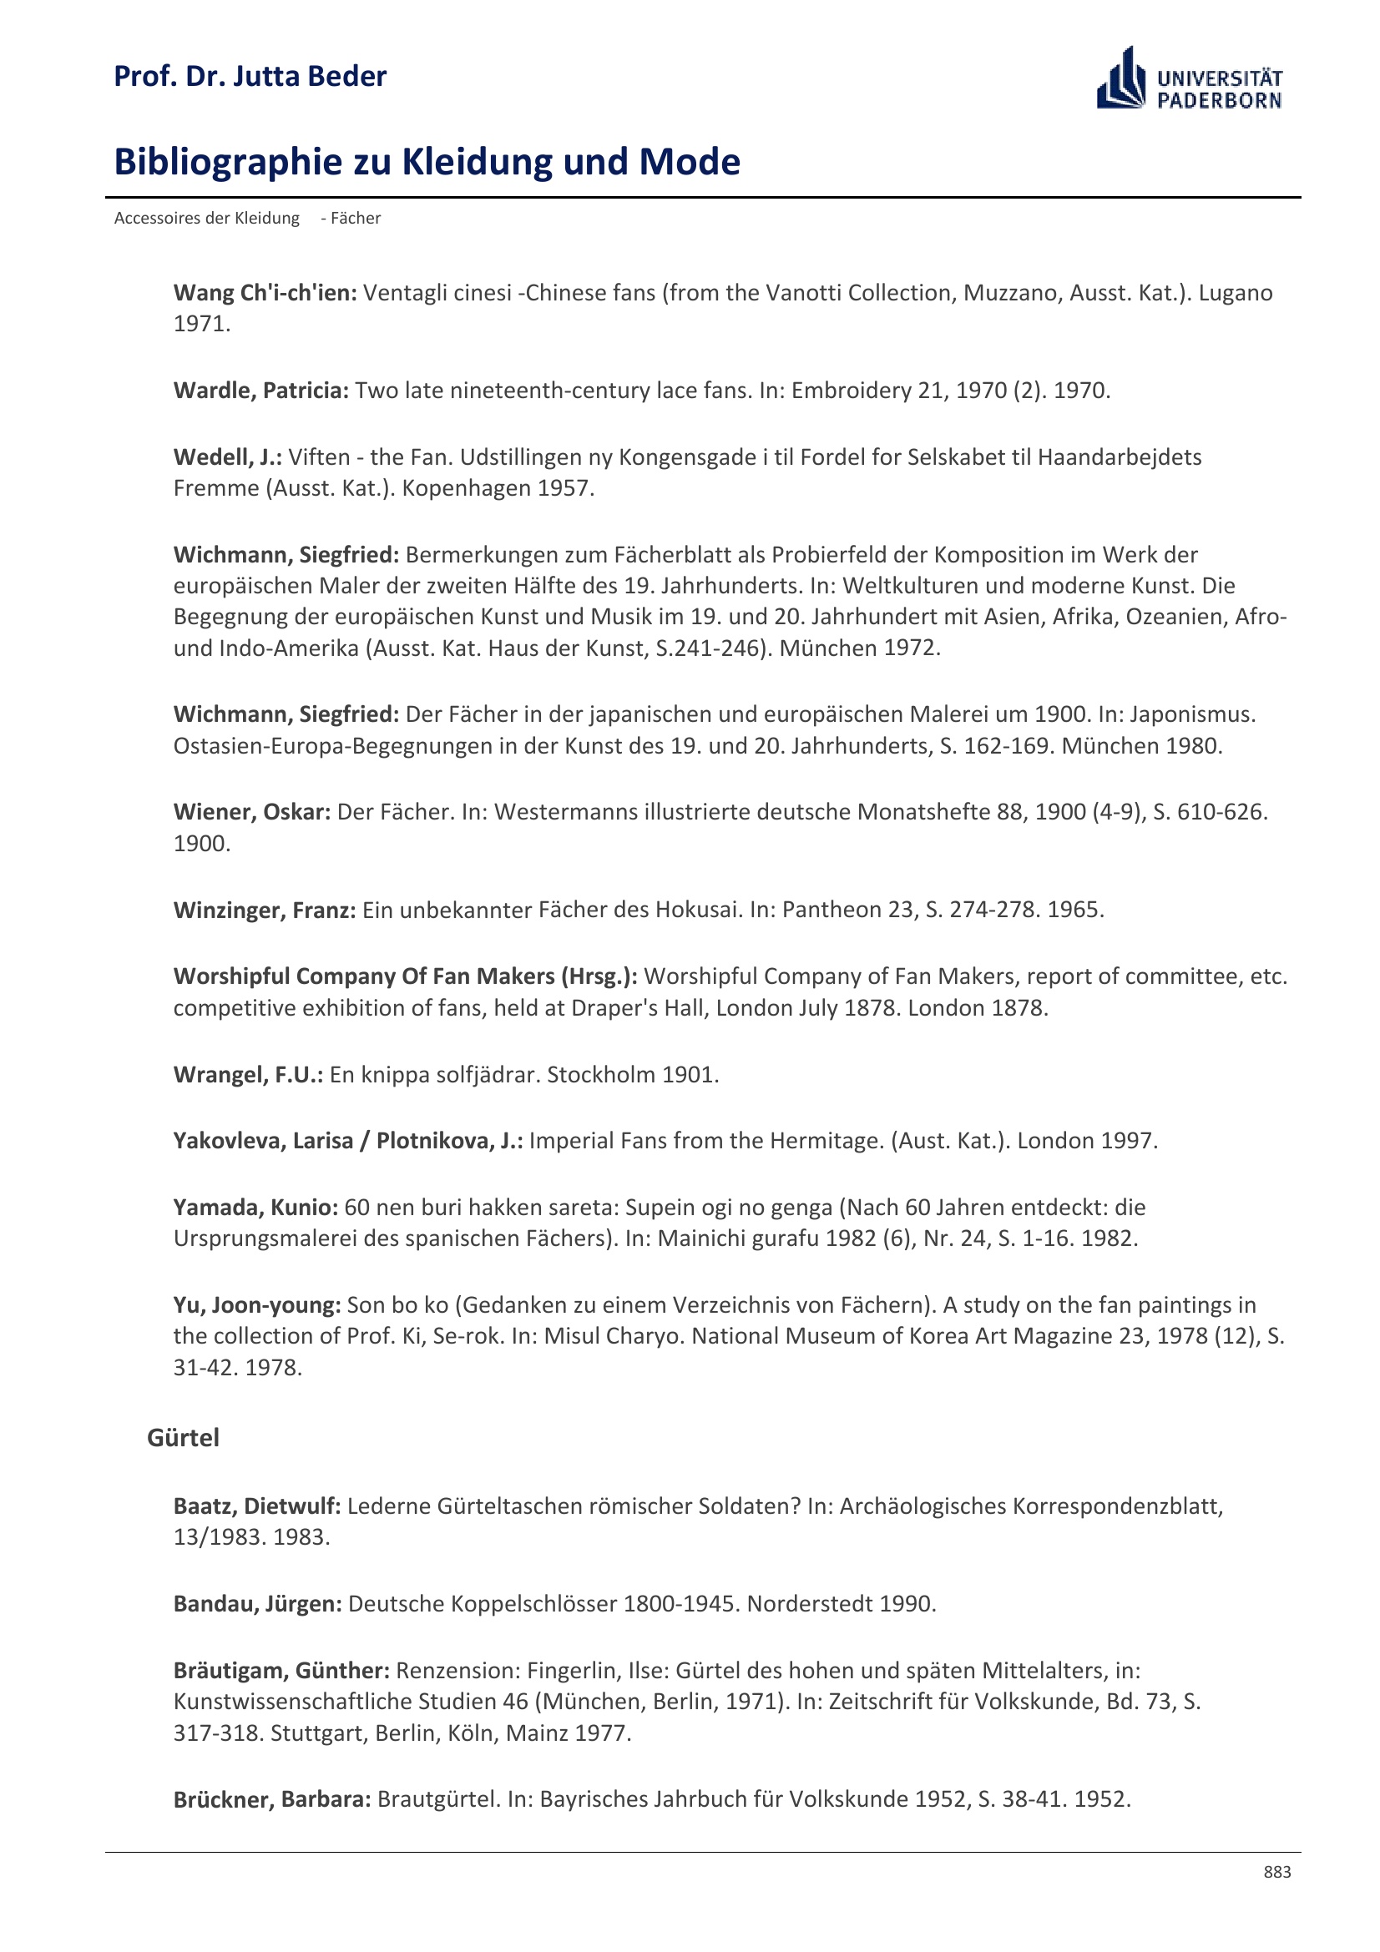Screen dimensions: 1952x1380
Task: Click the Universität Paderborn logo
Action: point(1189,79)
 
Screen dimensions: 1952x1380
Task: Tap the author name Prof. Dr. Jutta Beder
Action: point(250,77)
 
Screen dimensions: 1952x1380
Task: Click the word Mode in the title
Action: point(690,162)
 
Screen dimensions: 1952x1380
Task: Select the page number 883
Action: point(1276,1871)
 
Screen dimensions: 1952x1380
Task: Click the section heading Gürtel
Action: point(183,1437)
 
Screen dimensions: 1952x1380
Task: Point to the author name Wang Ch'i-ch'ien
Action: point(265,292)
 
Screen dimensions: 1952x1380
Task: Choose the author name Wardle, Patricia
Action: point(260,391)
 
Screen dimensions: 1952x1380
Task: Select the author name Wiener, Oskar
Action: point(251,812)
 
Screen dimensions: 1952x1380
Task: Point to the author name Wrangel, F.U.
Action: point(247,1075)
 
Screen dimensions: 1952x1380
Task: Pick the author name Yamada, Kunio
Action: point(255,1208)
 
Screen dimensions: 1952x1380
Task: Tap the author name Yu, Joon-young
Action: point(257,1305)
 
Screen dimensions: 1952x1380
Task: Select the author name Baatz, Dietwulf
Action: point(257,1506)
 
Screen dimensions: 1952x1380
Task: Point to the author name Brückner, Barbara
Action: point(271,1799)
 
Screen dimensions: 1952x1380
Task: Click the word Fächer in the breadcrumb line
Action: point(356,219)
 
